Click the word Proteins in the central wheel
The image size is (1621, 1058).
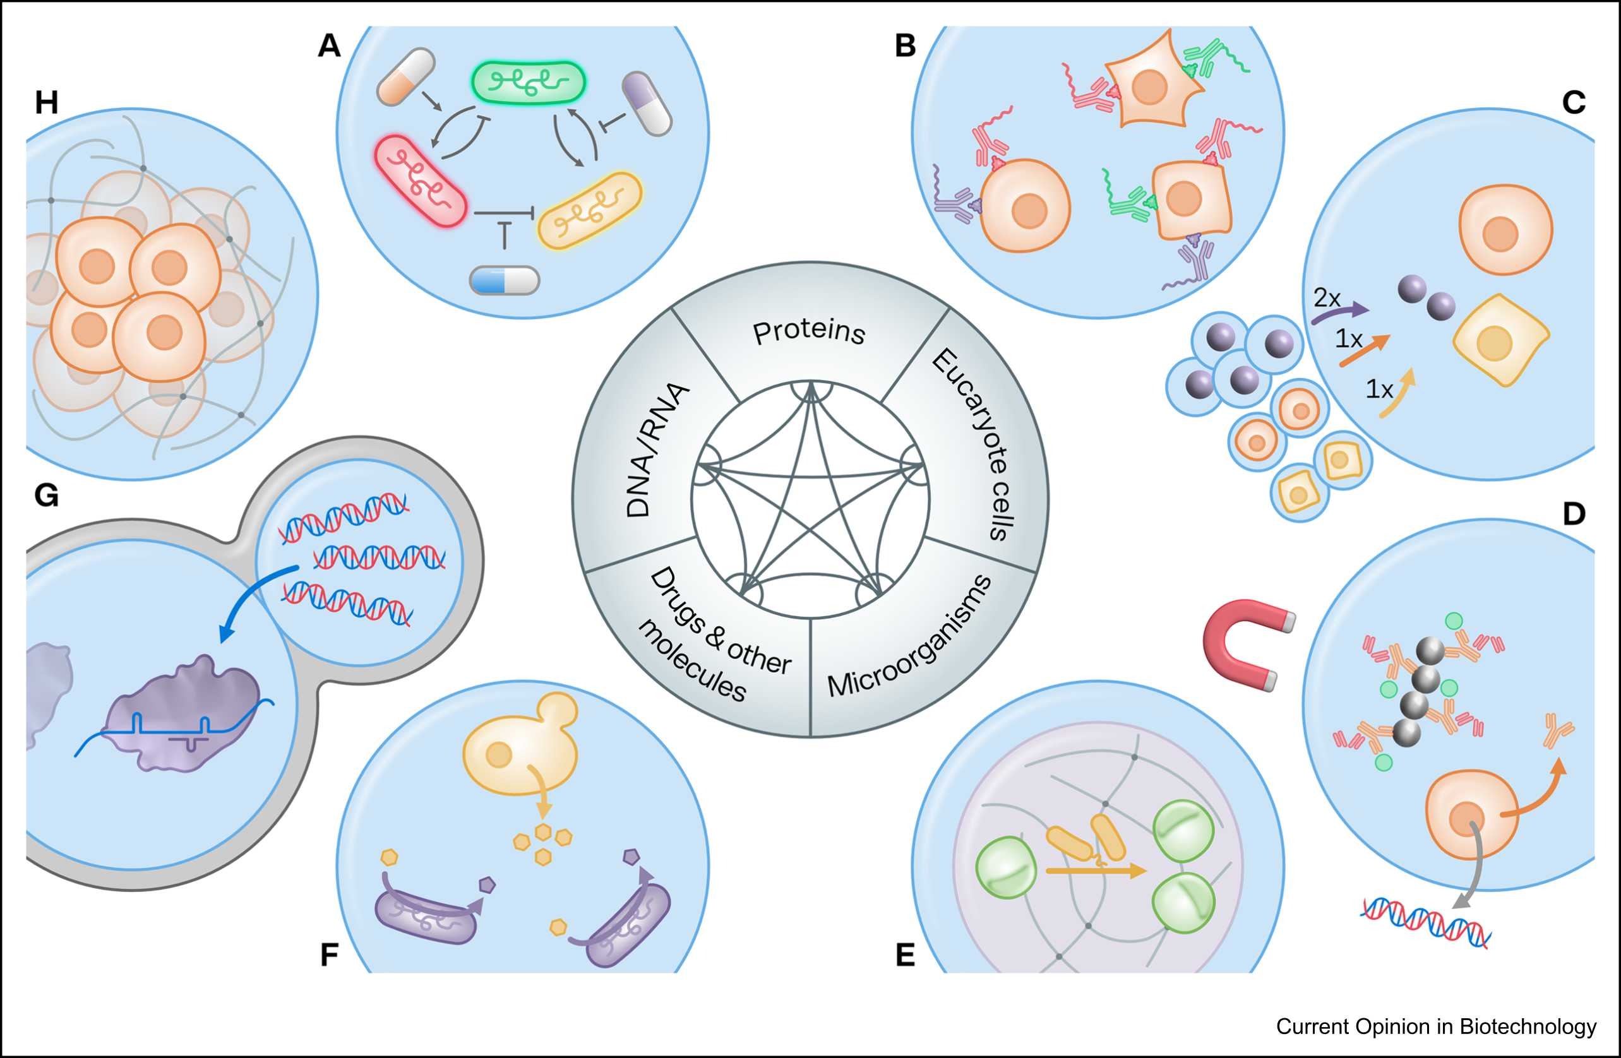[808, 331]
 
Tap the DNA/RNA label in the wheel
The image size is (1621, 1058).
[657, 450]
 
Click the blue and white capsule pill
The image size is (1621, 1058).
[505, 280]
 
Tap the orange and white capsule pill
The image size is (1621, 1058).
[406, 76]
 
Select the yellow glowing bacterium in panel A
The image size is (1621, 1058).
[590, 210]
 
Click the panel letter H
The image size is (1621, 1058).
[46, 104]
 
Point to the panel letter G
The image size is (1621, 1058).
[46, 496]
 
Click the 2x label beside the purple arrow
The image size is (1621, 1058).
[1326, 297]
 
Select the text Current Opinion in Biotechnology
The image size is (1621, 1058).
[1436, 1026]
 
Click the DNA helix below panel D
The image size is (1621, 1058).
[1425, 922]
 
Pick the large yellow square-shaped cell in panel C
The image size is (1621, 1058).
[1500, 340]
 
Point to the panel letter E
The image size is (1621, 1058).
[904, 956]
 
